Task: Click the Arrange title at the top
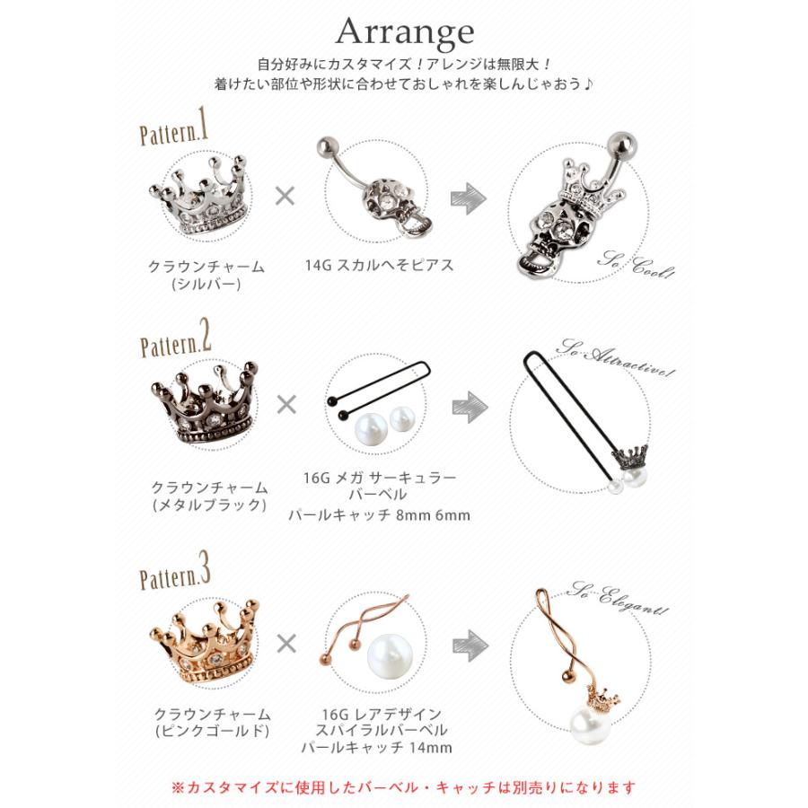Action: pos(404,33)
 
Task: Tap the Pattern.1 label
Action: pos(174,132)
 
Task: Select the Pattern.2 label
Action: pos(176,343)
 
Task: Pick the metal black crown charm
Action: pos(204,405)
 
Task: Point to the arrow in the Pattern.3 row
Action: pos(469,643)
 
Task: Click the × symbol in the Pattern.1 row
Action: pos(285,197)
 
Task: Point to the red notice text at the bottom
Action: pos(403,787)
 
